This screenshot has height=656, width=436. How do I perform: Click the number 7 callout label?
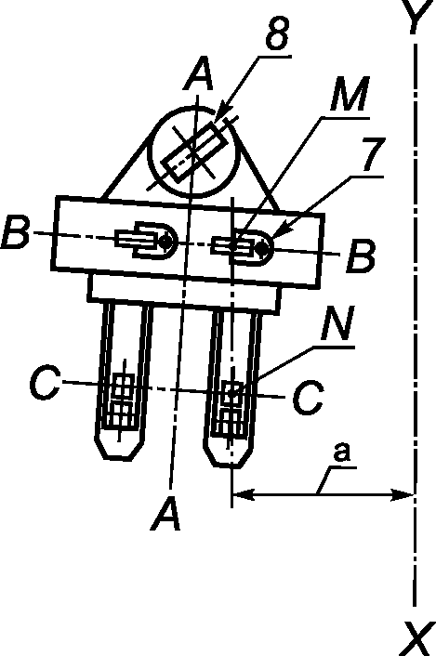pos(373,154)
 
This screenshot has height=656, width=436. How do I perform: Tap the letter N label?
pos(338,323)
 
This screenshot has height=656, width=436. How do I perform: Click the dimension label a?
pos(342,453)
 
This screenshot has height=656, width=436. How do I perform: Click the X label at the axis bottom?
pos(418,639)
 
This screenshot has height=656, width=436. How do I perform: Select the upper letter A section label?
pos(199,75)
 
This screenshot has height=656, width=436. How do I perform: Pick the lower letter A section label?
pos(166,515)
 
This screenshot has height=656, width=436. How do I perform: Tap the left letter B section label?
pos(16,232)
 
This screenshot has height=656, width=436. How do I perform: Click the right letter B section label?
pos(361,256)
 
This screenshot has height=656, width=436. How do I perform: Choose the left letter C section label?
pos(44,382)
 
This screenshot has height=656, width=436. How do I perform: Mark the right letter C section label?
pos(308,398)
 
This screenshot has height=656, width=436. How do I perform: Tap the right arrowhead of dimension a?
pos(403,494)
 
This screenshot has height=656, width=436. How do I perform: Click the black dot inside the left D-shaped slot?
pos(165,241)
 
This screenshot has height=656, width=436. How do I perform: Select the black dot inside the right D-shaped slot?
pos(262,248)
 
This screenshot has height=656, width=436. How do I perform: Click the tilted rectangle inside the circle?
pos(195,152)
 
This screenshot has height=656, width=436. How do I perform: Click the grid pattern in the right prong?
pos(230,409)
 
